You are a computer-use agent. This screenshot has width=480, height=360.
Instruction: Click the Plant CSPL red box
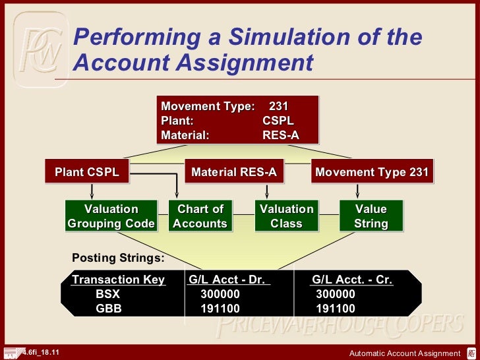coord(87,173)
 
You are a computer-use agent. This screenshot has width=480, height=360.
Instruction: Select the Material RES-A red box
coord(233,173)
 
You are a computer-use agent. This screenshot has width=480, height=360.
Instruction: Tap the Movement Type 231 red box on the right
coord(372,173)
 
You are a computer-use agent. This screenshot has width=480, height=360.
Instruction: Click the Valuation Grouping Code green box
coord(111,216)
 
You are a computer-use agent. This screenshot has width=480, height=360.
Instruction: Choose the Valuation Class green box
coord(286,216)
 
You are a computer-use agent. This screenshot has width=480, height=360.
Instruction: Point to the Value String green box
coord(371,216)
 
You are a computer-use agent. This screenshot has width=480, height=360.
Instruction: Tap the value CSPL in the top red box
coord(278,121)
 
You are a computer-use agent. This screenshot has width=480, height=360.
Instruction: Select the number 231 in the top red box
coord(279,106)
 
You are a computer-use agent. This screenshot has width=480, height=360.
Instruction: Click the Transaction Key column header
coord(119,280)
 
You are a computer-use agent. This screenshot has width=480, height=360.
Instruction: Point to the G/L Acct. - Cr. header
coord(352,280)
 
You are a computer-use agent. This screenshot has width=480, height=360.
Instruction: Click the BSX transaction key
coord(108,294)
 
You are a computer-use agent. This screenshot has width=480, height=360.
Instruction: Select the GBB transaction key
coord(109,309)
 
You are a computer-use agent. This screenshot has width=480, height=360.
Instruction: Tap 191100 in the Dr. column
coord(220,309)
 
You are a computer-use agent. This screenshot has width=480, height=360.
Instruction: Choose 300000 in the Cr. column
coord(336,294)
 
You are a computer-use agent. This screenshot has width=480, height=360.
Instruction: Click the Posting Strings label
coord(118,257)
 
